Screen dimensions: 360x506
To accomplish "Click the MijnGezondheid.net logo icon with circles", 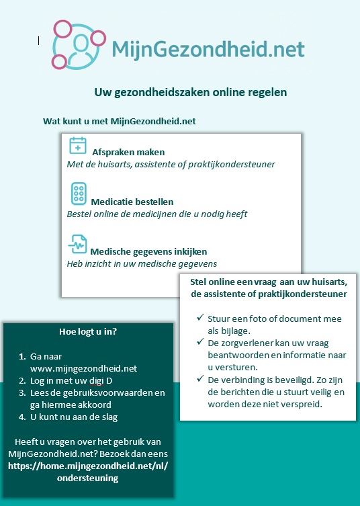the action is pyautogui.click(x=79, y=44).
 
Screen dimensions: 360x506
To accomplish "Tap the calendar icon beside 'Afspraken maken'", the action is pyautogui.click(x=78, y=146).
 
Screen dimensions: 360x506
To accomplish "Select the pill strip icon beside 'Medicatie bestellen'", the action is pyautogui.click(x=78, y=194).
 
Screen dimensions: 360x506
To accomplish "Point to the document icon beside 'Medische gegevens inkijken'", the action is pyautogui.click(x=77, y=244).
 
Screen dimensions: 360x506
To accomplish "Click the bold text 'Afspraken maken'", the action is pyautogui.click(x=128, y=152).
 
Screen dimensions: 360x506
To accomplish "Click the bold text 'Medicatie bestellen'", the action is pyautogui.click(x=132, y=202).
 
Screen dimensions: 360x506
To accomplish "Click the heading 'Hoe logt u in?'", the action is pyautogui.click(x=88, y=331).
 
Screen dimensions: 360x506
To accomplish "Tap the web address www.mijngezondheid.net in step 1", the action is pyautogui.click(x=83, y=368).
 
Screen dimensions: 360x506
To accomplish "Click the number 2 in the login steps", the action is pyautogui.click(x=22, y=381).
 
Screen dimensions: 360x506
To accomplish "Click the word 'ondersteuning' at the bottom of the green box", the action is pyautogui.click(x=88, y=478).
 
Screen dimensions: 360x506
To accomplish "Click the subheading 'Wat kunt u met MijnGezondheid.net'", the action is pyautogui.click(x=120, y=121).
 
